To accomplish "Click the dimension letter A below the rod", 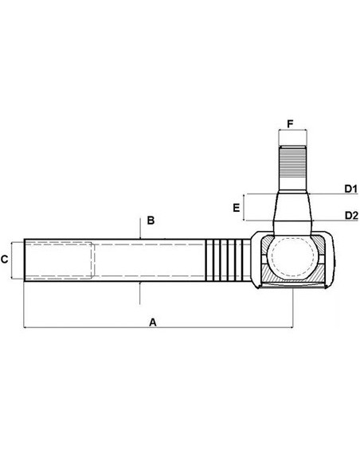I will [x=153, y=322].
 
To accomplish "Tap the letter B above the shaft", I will [x=149, y=219].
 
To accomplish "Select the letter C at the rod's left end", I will [x=6, y=259].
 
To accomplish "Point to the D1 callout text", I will [x=350, y=189].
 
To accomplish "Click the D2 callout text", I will [x=350, y=215].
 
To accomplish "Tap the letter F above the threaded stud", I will [x=291, y=124].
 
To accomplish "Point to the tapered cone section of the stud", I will [x=292, y=209].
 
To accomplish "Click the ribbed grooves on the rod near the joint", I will [x=225, y=259].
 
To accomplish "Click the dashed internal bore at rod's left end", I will [x=60, y=259].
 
